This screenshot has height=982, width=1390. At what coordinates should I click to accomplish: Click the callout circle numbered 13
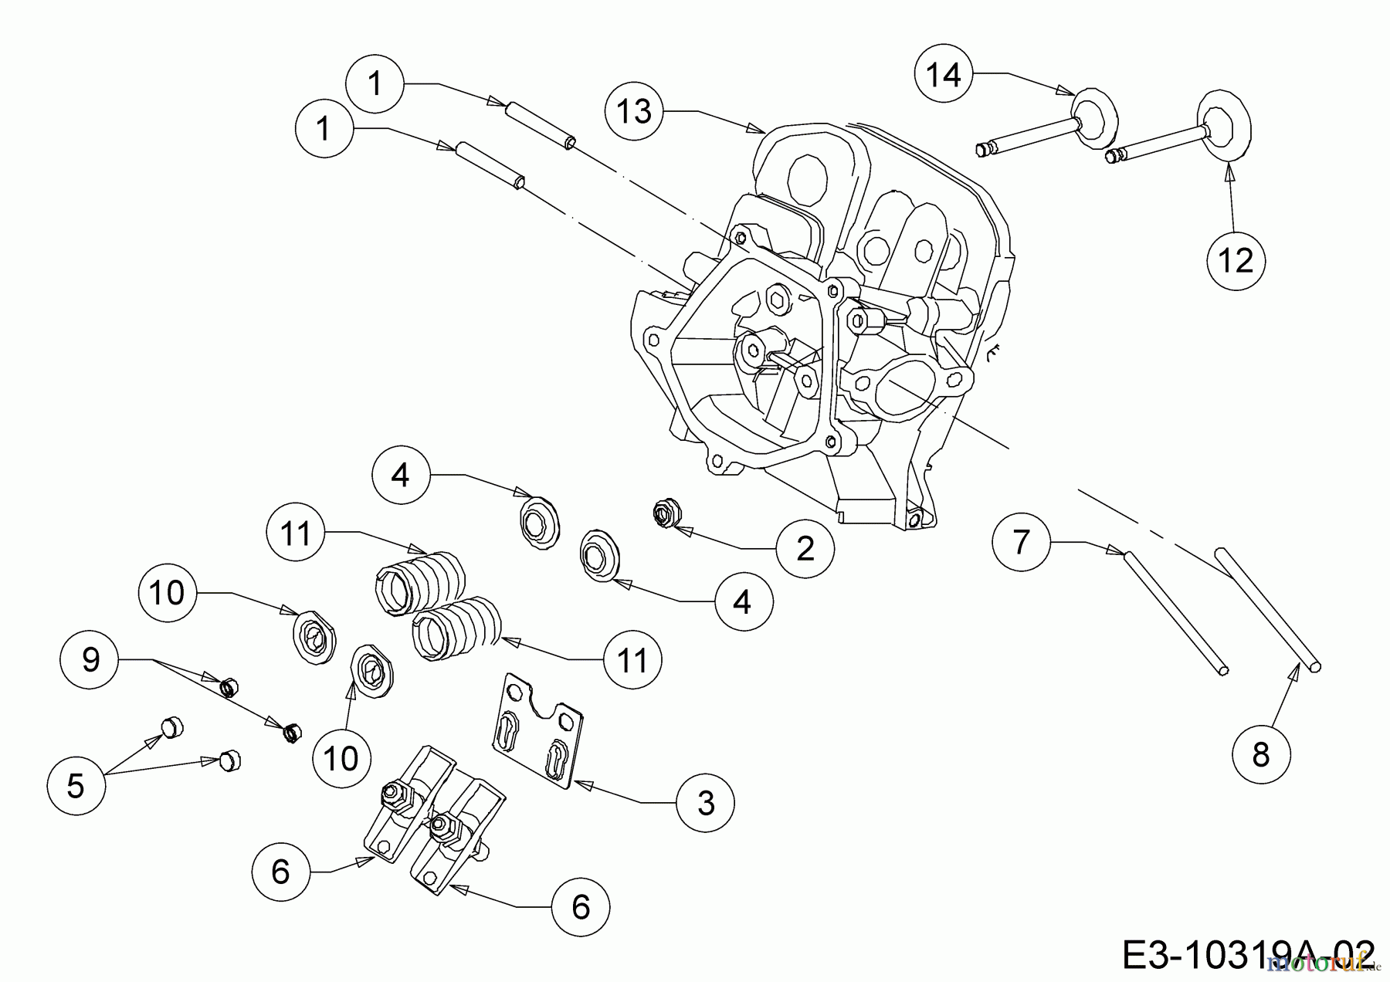coord(635,112)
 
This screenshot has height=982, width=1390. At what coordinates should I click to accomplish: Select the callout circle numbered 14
coord(944,75)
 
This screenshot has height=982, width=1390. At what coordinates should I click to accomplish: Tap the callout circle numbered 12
coord(1236,261)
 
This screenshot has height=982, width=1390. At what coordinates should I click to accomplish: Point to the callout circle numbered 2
coord(805,549)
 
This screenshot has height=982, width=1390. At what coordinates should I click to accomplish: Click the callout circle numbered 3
coord(706,803)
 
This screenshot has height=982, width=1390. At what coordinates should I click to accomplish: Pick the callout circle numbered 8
coord(1260,754)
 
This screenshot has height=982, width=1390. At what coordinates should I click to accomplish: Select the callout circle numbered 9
coord(91,660)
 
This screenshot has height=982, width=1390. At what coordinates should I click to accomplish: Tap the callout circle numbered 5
coord(76,785)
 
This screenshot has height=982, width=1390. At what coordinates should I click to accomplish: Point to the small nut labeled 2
coord(663,513)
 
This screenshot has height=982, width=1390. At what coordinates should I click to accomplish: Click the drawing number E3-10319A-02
coord(1247,956)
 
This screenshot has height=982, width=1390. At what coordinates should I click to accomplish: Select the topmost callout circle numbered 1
coord(375,83)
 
